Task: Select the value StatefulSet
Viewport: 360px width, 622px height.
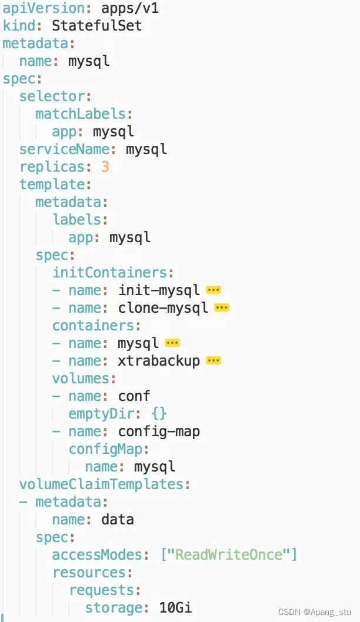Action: tap(96, 26)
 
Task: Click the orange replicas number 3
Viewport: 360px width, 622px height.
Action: tap(105, 167)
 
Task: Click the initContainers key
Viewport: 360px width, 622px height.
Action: tap(109, 273)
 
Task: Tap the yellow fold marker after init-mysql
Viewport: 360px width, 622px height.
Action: tap(214, 290)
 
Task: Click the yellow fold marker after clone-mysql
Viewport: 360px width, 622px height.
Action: tap(222, 307)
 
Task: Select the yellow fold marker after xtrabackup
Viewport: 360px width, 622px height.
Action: tap(214, 360)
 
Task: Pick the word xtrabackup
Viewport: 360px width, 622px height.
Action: tap(159, 361)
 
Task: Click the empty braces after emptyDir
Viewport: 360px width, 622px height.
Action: tap(159, 414)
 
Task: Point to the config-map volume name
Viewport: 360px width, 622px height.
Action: tap(159, 432)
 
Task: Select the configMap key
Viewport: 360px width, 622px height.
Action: tap(105, 449)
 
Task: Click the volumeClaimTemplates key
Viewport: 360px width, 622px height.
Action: tap(101, 484)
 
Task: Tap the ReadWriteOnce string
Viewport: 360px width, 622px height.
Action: tap(229, 555)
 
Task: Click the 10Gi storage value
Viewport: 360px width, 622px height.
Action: tap(175, 608)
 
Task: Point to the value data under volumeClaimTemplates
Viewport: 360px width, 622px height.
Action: tap(118, 520)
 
